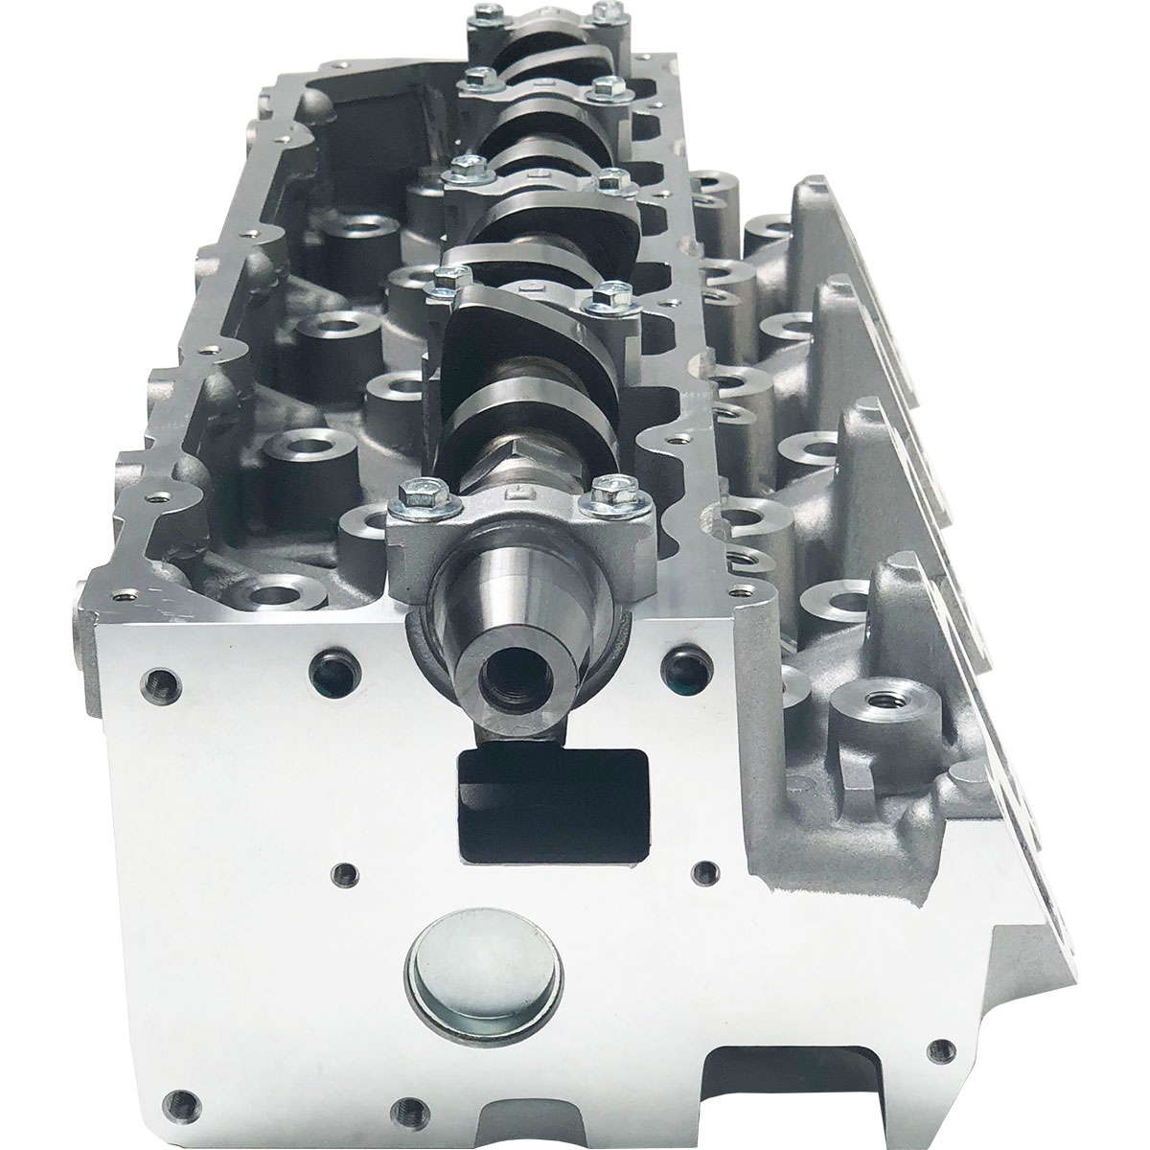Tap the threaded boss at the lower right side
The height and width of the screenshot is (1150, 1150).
click(874, 706)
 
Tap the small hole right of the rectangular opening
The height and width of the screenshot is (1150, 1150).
click(705, 871)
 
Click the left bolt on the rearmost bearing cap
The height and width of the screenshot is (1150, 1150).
click(479, 16)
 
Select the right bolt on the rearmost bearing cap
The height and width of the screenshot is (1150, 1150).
click(602, 12)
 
